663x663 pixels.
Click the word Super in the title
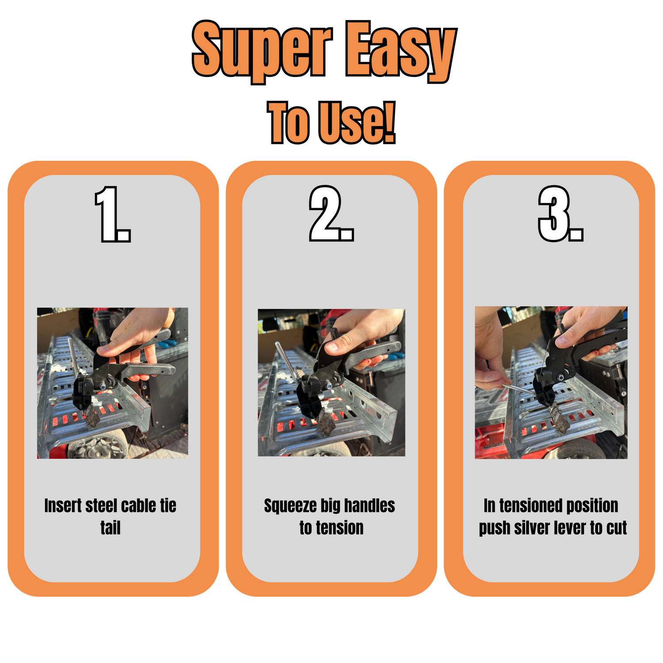(263, 51)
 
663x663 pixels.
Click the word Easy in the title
(401, 51)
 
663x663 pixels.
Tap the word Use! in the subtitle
(357, 122)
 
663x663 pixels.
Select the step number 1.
(113, 214)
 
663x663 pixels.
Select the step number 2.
(331, 213)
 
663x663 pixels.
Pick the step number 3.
(560, 213)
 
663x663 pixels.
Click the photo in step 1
(113, 383)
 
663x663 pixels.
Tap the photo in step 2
(331, 383)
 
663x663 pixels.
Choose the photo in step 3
(551, 383)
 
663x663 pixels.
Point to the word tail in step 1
(110, 528)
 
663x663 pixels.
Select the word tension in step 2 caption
(340, 528)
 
